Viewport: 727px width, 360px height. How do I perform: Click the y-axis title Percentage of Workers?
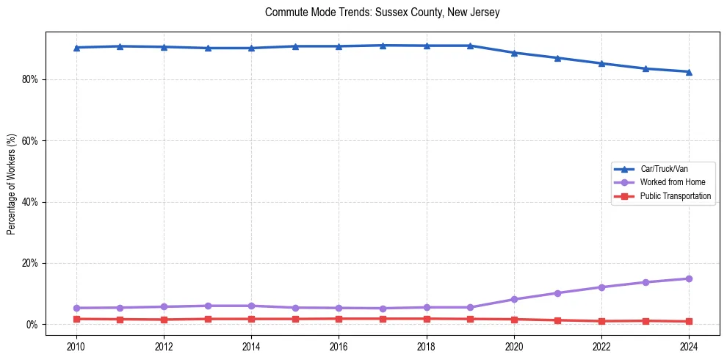point(11,184)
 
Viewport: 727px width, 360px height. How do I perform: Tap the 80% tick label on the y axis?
point(31,79)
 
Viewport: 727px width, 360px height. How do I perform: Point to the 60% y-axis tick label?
point(31,140)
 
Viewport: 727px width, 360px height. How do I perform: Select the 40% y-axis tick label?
point(31,202)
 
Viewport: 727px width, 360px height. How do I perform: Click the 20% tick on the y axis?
point(31,263)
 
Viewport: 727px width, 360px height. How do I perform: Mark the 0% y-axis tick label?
point(33,324)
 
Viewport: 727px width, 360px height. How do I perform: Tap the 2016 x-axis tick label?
point(339,345)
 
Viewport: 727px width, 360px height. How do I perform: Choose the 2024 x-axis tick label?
point(689,345)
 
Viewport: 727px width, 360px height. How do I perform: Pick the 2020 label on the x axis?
point(514,345)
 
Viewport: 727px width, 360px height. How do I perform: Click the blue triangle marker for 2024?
point(689,71)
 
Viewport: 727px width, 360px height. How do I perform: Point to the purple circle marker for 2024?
point(689,278)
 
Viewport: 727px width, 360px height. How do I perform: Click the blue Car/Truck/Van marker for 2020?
point(514,53)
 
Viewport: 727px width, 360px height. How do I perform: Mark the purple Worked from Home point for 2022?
point(601,287)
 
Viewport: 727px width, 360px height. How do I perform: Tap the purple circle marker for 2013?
point(208,306)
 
